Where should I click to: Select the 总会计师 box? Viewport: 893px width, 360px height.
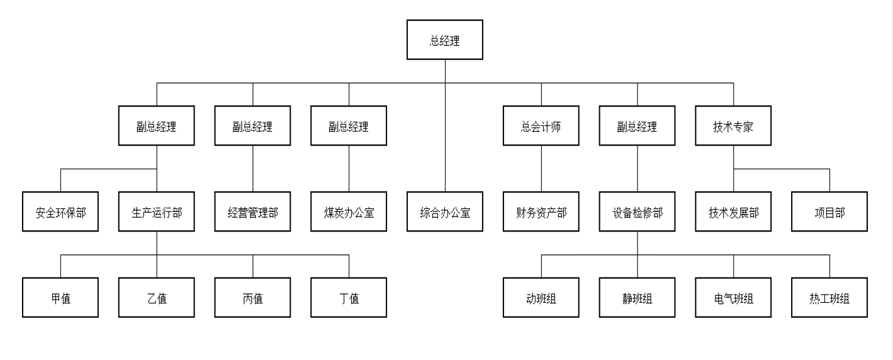tap(541, 126)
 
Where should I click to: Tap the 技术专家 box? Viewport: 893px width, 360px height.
tap(733, 126)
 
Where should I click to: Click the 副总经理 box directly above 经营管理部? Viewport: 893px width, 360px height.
tap(253, 126)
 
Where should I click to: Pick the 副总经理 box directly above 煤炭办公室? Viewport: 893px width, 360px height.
tap(349, 126)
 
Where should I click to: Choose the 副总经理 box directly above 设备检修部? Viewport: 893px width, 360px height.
tap(637, 126)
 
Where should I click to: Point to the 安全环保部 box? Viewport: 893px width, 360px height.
tap(60, 211)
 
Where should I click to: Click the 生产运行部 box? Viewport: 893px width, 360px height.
tap(157, 211)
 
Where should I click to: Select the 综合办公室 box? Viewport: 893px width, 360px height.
tap(445, 211)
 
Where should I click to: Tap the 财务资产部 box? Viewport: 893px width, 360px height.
tap(541, 211)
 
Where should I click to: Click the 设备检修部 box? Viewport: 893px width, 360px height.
tap(637, 211)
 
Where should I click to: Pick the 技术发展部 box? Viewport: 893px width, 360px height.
tap(733, 211)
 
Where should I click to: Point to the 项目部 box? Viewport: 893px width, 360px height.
tap(829, 211)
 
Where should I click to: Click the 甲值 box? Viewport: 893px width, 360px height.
tap(60, 298)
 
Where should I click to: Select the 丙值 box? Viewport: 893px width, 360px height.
tap(253, 298)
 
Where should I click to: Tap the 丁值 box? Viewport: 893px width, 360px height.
tap(349, 298)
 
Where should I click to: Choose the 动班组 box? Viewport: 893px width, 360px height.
tap(541, 298)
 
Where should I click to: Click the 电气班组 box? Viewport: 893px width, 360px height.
tap(733, 298)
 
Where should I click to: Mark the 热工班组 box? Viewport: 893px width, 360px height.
tap(829, 298)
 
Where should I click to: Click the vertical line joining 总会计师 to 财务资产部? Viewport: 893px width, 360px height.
tap(541, 169)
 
